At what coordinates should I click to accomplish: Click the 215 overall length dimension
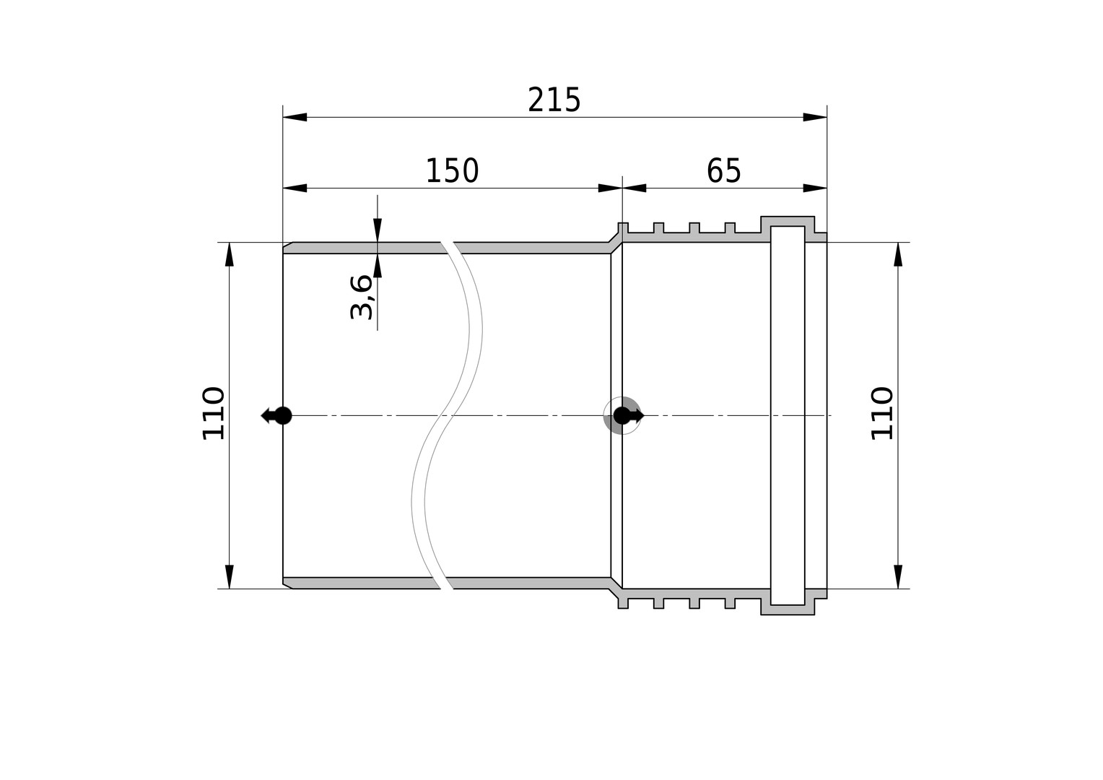554,100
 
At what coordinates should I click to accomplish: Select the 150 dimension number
452,171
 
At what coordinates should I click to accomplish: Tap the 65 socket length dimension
723,171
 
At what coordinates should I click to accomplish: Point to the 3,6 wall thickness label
361,298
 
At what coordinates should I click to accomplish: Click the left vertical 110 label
214,413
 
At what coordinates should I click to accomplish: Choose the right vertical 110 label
882,413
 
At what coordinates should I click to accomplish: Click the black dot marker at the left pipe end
283,415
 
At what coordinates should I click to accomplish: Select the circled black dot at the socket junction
622,415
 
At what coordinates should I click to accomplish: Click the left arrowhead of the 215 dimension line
295,117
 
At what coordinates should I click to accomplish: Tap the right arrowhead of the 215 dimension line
815,117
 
